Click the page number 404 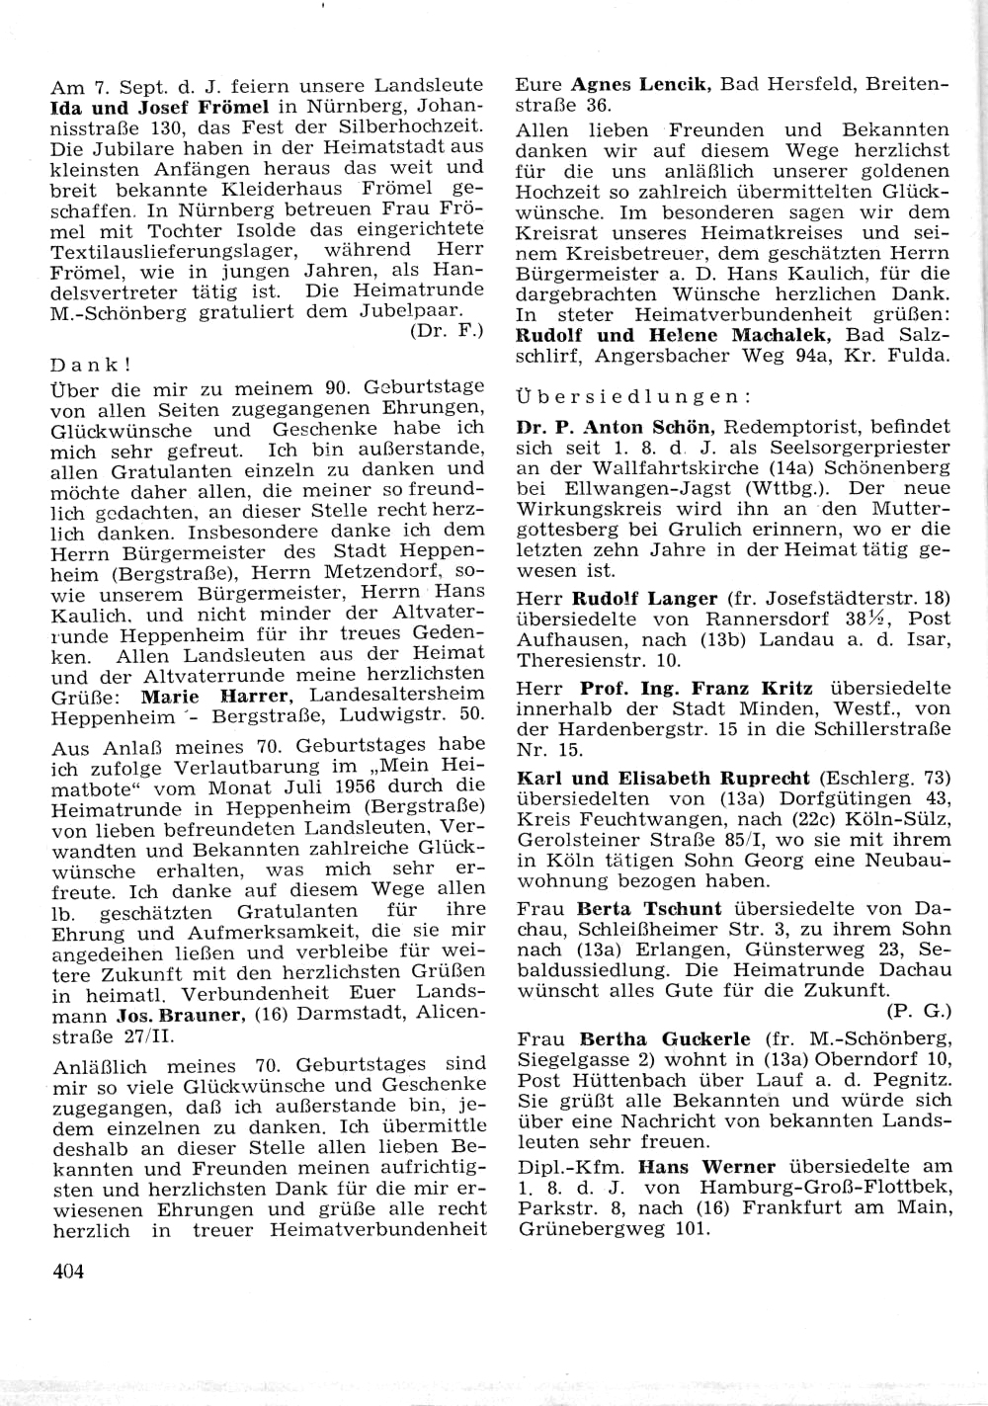pos(68,1271)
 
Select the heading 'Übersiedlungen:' pos(632,396)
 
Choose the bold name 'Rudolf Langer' pos(645,598)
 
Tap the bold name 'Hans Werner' pos(706,1167)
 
